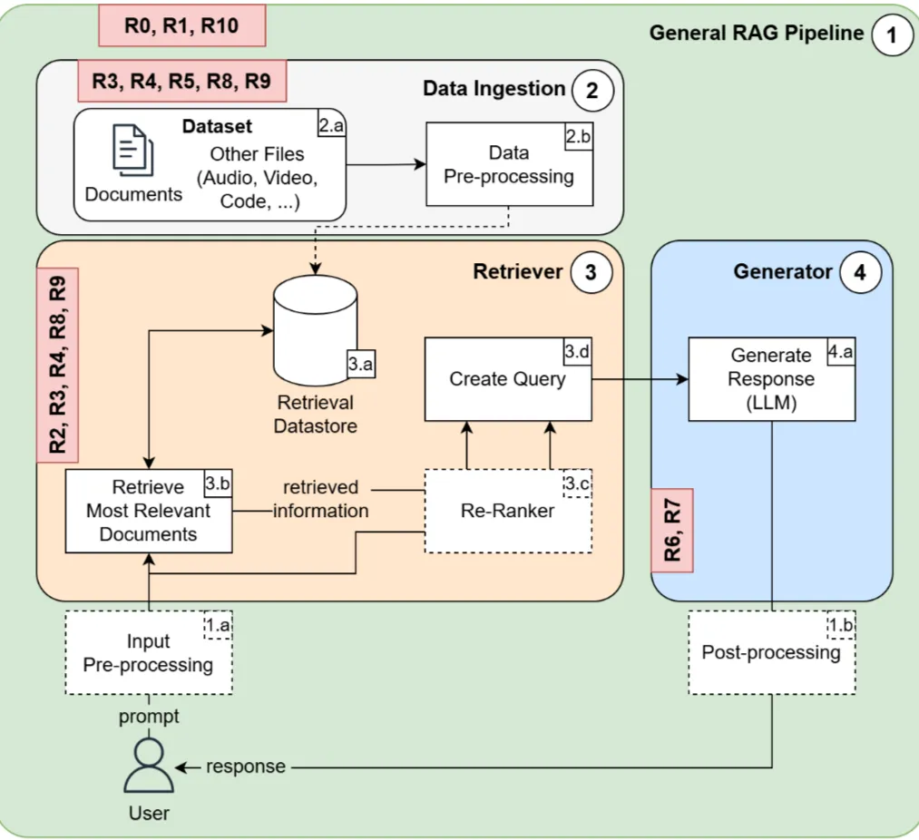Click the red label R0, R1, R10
(x=181, y=26)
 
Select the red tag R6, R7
(x=672, y=530)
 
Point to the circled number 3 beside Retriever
(x=591, y=272)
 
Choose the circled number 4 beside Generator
(x=859, y=272)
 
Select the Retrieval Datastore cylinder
(x=315, y=331)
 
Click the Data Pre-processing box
(x=508, y=164)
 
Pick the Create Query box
(x=508, y=378)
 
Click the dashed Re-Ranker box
(x=508, y=511)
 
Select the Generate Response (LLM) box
(x=771, y=378)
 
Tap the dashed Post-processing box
(x=771, y=652)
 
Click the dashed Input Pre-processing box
(x=148, y=652)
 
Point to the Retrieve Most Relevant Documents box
(x=148, y=510)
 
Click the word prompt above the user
(x=148, y=717)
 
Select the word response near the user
(x=245, y=767)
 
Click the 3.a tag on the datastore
(x=360, y=364)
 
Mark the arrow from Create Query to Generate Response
(x=640, y=378)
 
